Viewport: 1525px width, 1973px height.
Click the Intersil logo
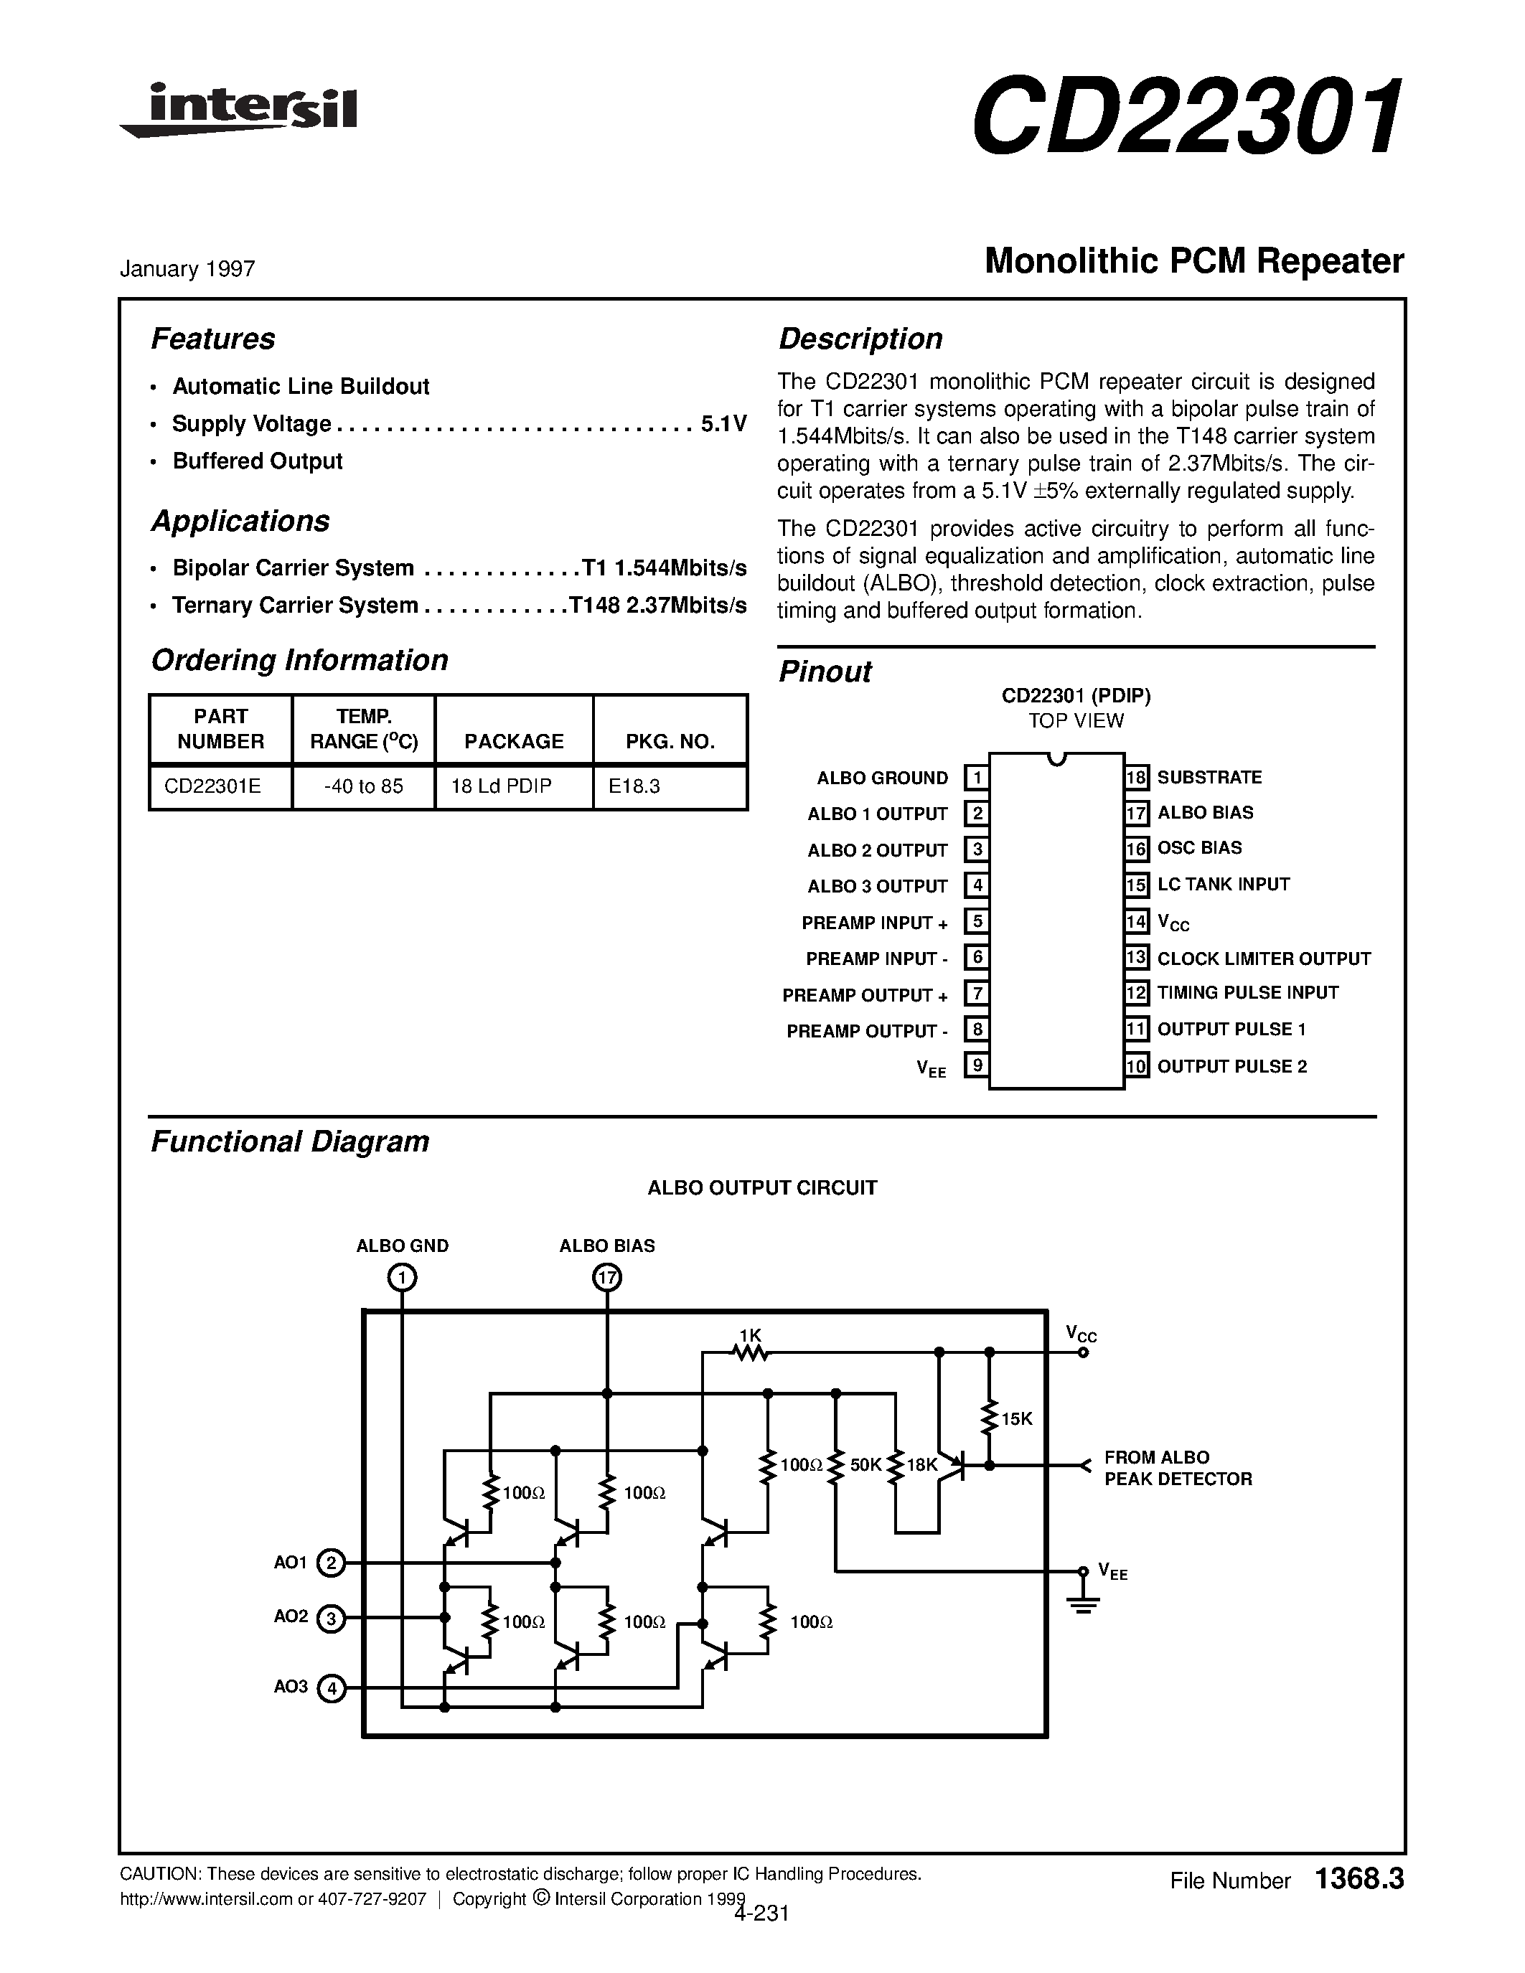[240, 110]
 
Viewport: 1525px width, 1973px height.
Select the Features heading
[212, 339]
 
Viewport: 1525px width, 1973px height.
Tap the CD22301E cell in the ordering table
[213, 786]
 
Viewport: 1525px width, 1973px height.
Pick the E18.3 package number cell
[634, 786]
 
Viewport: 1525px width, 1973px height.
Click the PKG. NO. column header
[670, 742]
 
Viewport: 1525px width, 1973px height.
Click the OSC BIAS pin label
[1199, 847]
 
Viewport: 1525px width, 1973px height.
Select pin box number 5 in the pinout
[976, 921]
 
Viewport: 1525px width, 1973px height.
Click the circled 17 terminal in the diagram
[607, 1277]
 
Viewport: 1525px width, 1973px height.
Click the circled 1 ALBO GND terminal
[402, 1277]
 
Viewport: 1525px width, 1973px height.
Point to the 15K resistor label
[1016, 1419]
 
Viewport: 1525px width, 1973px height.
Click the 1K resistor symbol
[750, 1352]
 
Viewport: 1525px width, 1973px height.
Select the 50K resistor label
[865, 1464]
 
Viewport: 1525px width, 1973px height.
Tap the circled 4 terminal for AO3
[332, 1687]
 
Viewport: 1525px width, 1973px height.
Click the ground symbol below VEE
[1082, 1604]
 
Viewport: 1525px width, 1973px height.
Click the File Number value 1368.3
[1360, 1879]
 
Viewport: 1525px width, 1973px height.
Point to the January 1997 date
[187, 268]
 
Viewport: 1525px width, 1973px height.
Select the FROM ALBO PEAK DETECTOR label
[1177, 1468]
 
